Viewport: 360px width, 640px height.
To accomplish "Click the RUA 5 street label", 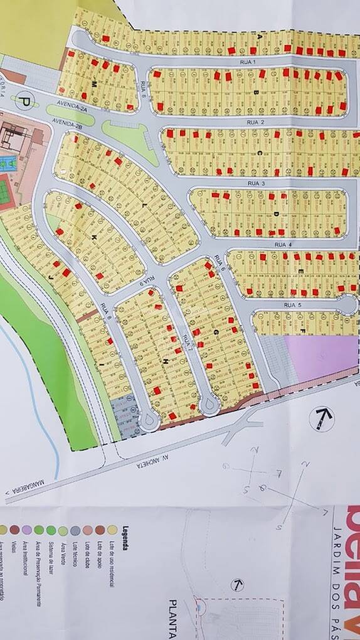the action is (x=293, y=305).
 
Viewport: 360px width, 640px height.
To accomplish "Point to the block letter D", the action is (x=276, y=214).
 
